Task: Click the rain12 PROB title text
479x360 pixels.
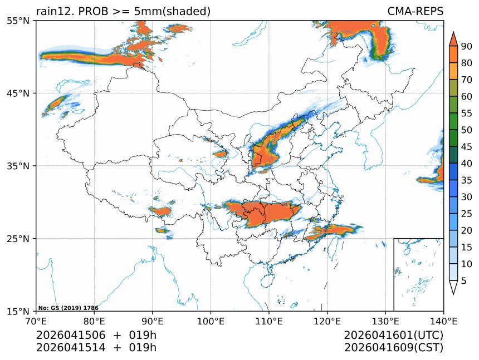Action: point(123,11)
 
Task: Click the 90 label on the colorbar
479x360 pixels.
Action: point(466,46)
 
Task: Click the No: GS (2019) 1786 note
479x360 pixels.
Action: point(68,308)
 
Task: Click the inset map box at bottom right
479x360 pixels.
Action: point(418,274)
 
